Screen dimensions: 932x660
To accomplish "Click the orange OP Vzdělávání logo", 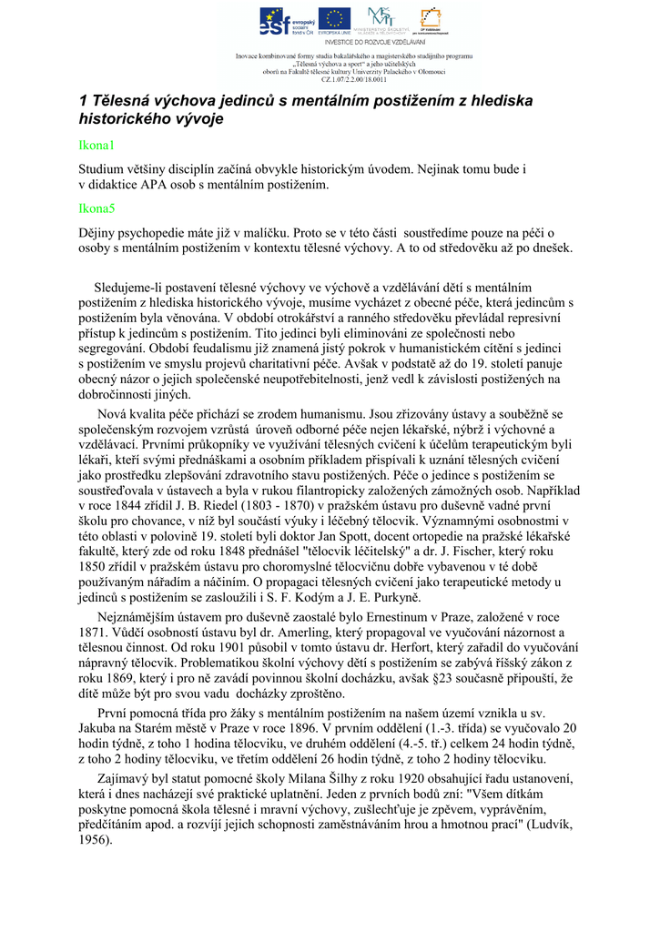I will [x=428, y=20].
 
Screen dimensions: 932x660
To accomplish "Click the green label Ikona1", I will [x=95, y=146].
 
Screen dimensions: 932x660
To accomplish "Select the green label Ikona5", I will [x=96, y=209].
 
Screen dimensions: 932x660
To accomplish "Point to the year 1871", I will [x=95, y=632].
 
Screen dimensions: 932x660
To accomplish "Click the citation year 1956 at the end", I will [x=95, y=839].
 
